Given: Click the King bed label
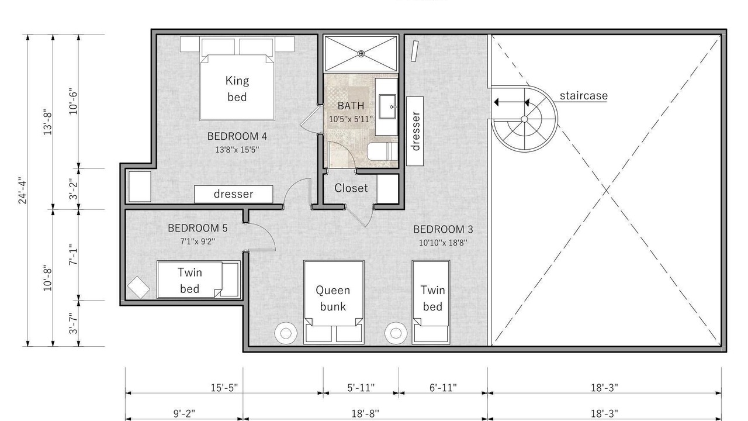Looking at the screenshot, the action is [237, 88].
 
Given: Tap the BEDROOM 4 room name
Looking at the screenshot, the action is [237, 136].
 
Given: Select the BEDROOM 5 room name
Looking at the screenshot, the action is [198, 228].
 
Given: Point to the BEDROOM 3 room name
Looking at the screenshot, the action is [443, 230].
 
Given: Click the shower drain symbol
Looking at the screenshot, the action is [361, 53].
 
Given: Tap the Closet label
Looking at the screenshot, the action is [351, 188].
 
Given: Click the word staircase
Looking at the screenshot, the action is [584, 95].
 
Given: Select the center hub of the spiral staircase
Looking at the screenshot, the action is [524, 119].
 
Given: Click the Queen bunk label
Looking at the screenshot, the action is [333, 298].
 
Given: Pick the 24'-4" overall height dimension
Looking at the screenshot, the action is [22, 191].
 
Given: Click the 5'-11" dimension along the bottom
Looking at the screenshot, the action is [361, 388].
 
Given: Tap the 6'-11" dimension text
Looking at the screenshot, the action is [443, 388].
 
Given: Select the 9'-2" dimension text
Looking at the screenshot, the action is [184, 413].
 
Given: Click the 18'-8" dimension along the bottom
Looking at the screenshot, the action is [365, 413].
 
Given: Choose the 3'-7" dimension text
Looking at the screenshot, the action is [73, 323].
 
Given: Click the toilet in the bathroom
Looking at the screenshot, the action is [383, 151].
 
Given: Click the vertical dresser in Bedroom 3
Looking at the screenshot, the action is [415, 132].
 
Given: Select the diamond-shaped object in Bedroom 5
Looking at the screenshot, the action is [138, 288].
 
